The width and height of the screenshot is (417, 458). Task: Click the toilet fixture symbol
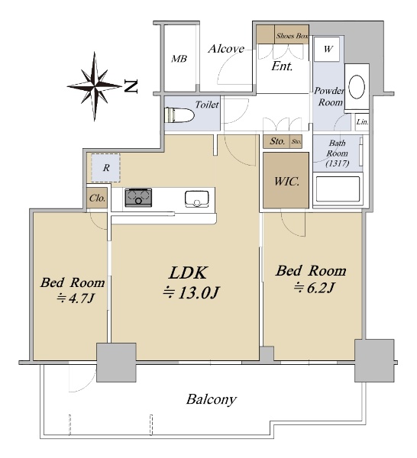click(179, 115)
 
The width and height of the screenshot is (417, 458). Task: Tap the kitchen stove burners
click(138, 198)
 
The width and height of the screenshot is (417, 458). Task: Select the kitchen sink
click(197, 199)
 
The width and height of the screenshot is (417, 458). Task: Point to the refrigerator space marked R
click(106, 168)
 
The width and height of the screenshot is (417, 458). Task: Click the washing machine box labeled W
click(328, 49)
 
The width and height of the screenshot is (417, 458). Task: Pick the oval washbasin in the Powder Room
click(357, 87)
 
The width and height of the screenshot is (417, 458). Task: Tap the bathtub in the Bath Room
click(338, 189)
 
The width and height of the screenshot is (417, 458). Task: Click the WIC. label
click(287, 182)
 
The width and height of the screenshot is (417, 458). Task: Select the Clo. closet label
click(97, 198)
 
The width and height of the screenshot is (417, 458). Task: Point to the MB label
click(179, 59)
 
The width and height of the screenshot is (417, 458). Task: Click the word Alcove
click(226, 49)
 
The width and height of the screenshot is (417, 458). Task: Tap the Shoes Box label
click(293, 36)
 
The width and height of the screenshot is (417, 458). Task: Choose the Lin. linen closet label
click(362, 122)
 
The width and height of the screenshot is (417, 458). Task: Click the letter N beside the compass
click(131, 86)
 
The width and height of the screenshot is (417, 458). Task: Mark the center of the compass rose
click(95, 86)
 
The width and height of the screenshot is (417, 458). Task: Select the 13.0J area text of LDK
click(190, 292)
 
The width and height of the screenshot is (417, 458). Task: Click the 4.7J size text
click(76, 298)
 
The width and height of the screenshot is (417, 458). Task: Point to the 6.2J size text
click(314, 289)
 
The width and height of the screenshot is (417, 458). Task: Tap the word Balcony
click(212, 399)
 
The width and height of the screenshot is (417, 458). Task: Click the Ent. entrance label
click(282, 66)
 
